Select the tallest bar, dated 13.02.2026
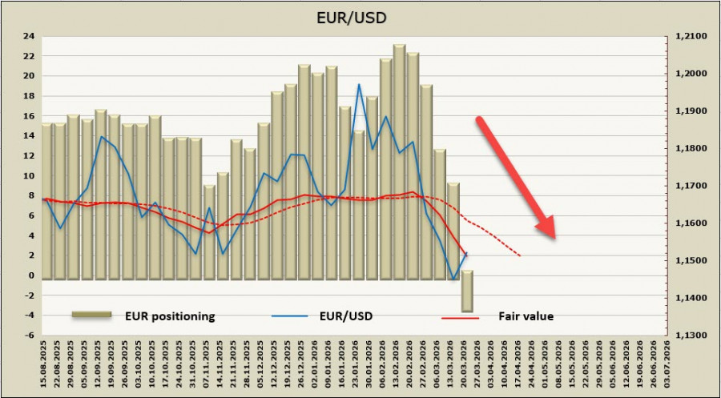click(399, 160)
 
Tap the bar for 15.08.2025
click(46, 200)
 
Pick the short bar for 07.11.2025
click(208, 232)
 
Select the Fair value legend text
click(526, 316)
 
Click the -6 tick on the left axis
click(28, 336)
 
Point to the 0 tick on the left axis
click(30, 275)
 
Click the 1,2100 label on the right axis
click(690, 36)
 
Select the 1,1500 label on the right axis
click(690, 261)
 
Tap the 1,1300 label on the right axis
click(690, 336)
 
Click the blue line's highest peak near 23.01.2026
click(359, 84)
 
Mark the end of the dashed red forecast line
click(522, 256)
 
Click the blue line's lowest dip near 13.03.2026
click(453, 279)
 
